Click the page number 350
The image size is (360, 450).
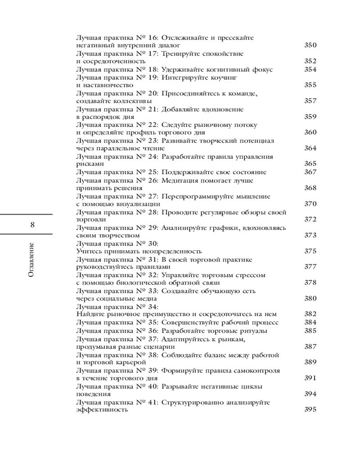(310, 45)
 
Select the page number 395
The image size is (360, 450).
(310, 409)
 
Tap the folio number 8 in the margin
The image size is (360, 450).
(32, 225)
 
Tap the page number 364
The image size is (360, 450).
(310, 148)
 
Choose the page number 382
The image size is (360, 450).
(310, 314)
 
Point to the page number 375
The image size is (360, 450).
(310, 251)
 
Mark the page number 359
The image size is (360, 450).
(310, 117)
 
